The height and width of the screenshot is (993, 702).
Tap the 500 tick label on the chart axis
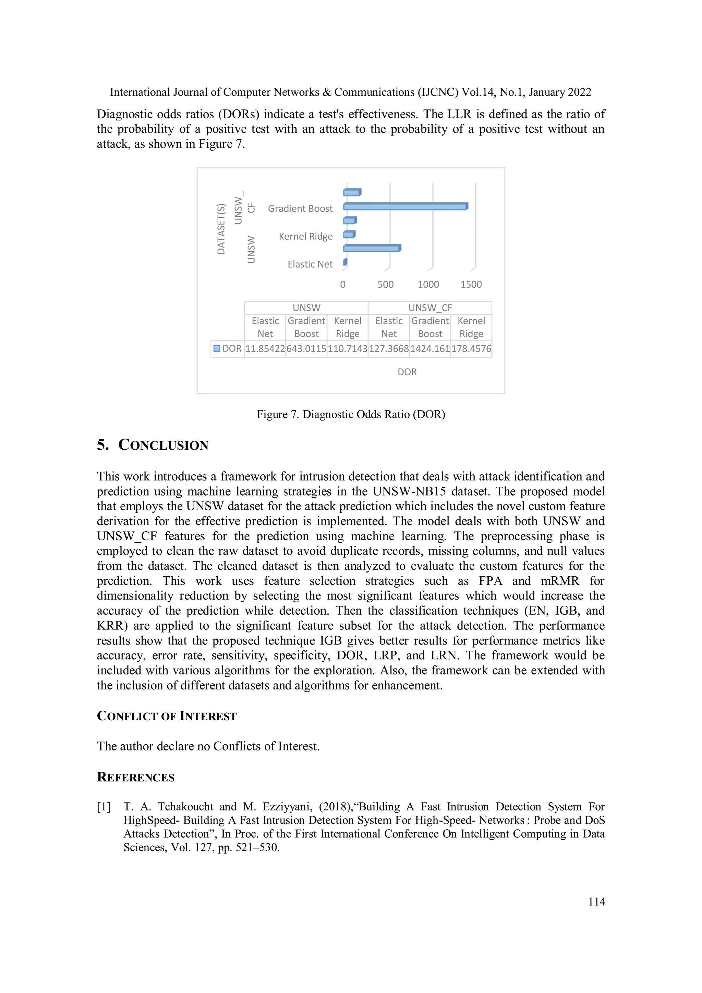[385, 285]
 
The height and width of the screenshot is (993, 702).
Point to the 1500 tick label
[471, 285]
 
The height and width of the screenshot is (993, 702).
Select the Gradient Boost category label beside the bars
[300, 209]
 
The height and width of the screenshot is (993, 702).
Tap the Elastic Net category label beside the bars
[310, 264]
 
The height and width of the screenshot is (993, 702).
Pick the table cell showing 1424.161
[430, 348]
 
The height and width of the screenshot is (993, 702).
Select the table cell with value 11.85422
[265, 348]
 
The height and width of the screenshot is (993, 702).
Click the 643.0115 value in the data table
[306, 348]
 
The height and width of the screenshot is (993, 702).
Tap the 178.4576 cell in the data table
[471, 348]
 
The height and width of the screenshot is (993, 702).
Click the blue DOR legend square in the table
[217, 348]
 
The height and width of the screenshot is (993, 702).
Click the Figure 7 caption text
[351, 414]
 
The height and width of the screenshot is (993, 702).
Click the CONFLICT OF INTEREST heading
[167, 716]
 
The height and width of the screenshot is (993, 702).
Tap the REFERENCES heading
[135, 777]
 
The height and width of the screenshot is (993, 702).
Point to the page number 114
[596, 902]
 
